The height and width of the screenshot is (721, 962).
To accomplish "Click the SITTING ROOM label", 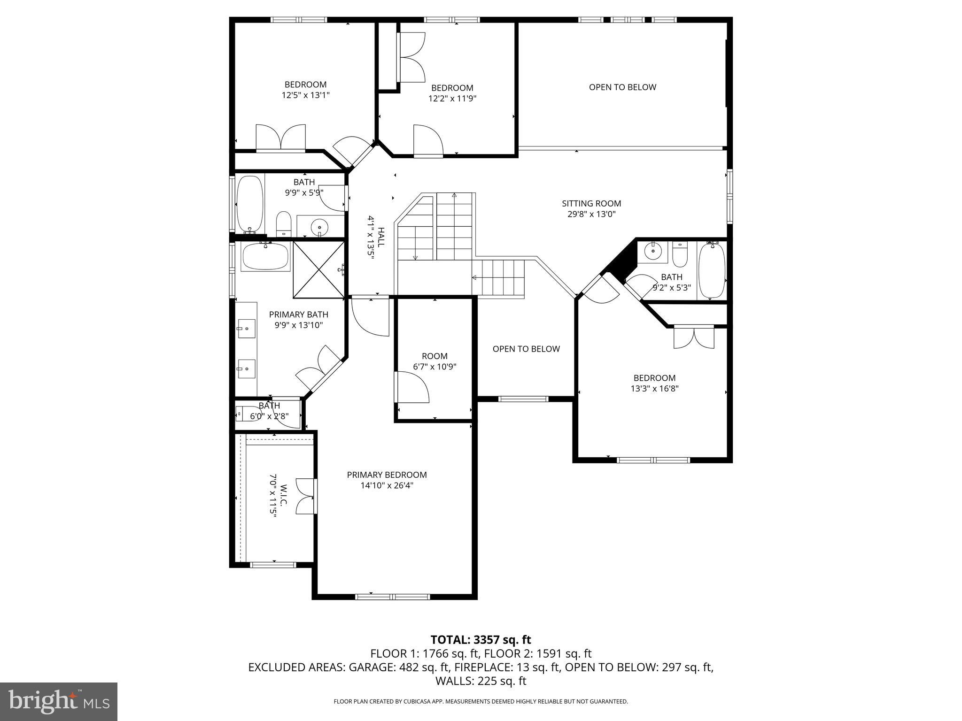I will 591,203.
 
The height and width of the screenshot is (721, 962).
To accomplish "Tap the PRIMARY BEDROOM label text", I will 387,475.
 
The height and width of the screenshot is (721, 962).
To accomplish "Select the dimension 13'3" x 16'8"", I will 654,389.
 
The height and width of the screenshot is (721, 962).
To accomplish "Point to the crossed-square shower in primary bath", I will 318,269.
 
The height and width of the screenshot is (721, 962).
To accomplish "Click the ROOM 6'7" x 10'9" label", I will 434,356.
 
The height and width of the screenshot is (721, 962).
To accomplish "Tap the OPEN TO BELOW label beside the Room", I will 526,349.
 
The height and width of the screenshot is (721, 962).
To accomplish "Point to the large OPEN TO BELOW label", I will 622,87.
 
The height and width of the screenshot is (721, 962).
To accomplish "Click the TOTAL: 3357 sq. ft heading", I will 481,639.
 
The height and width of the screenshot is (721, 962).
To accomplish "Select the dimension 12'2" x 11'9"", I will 452,99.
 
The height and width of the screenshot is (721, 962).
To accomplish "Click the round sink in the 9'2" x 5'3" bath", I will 652,252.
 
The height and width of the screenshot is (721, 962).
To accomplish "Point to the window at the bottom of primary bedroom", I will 392,597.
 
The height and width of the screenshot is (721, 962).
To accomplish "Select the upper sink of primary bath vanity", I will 246,325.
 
